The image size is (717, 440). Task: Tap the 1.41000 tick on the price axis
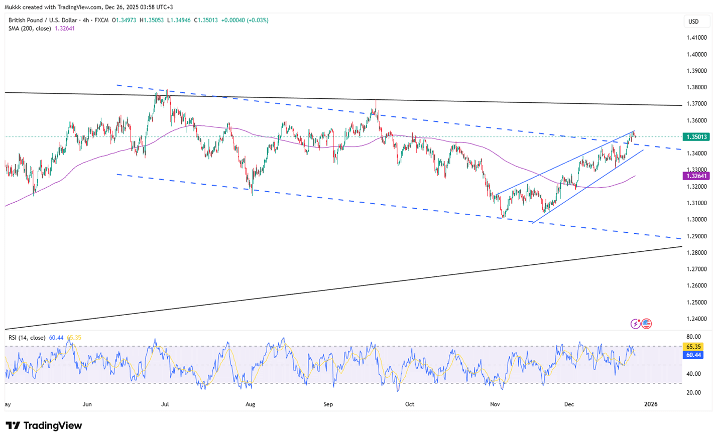(x=697, y=38)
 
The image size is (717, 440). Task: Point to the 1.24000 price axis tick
(x=697, y=319)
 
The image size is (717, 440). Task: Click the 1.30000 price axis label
(x=697, y=219)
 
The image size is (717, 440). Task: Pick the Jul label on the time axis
(x=165, y=404)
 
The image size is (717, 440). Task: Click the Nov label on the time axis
(x=495, y=404)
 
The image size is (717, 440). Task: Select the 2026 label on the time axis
(x=651, y=404)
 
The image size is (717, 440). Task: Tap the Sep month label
(x=328, y=404)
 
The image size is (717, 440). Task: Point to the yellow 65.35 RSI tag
(x=693, y=347)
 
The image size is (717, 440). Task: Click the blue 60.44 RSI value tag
(x=693, y=355)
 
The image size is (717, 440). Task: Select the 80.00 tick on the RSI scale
(x=693, y=337)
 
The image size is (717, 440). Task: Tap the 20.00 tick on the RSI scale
(x=693, y=392)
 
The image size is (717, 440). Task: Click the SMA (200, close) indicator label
(x=30, y=29)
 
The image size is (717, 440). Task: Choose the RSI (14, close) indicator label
(x=27, y=338)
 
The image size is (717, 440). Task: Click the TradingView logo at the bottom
(x=44, y=425)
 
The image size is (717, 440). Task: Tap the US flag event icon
(x=646, y=324)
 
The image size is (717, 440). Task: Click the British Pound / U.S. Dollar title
(x=43, y=21)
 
